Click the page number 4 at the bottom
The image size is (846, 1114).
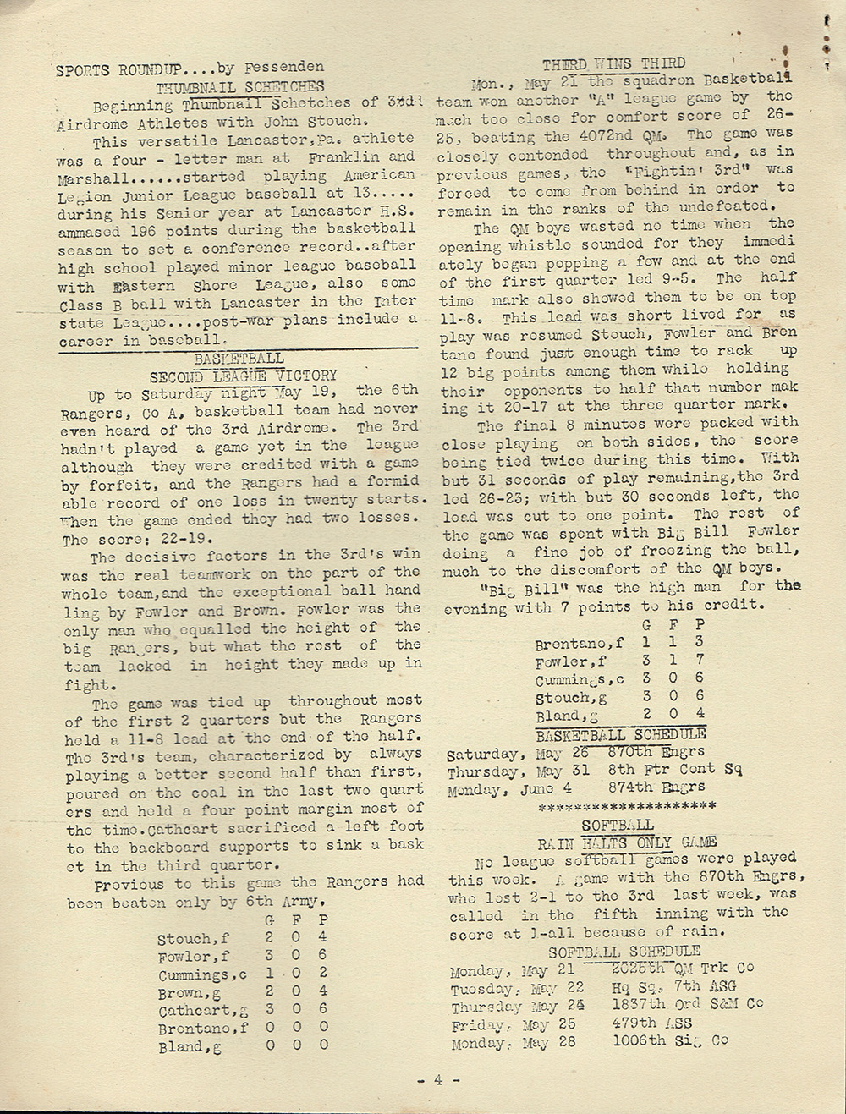coord(438,1080)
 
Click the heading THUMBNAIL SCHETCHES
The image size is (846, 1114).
coord(239,86)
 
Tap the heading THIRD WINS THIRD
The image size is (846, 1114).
coord(613,64)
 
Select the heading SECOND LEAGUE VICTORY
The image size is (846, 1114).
coord(244,375)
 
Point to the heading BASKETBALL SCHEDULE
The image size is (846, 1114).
coord(621,734)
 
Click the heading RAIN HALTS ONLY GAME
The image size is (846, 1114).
coord(627,842)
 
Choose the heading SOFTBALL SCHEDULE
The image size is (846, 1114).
coord(624,951)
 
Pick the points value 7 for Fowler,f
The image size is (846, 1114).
coord(700,661)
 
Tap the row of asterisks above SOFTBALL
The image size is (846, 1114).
coord(627,806)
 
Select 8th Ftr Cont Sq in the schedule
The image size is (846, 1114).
coord(674,770)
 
